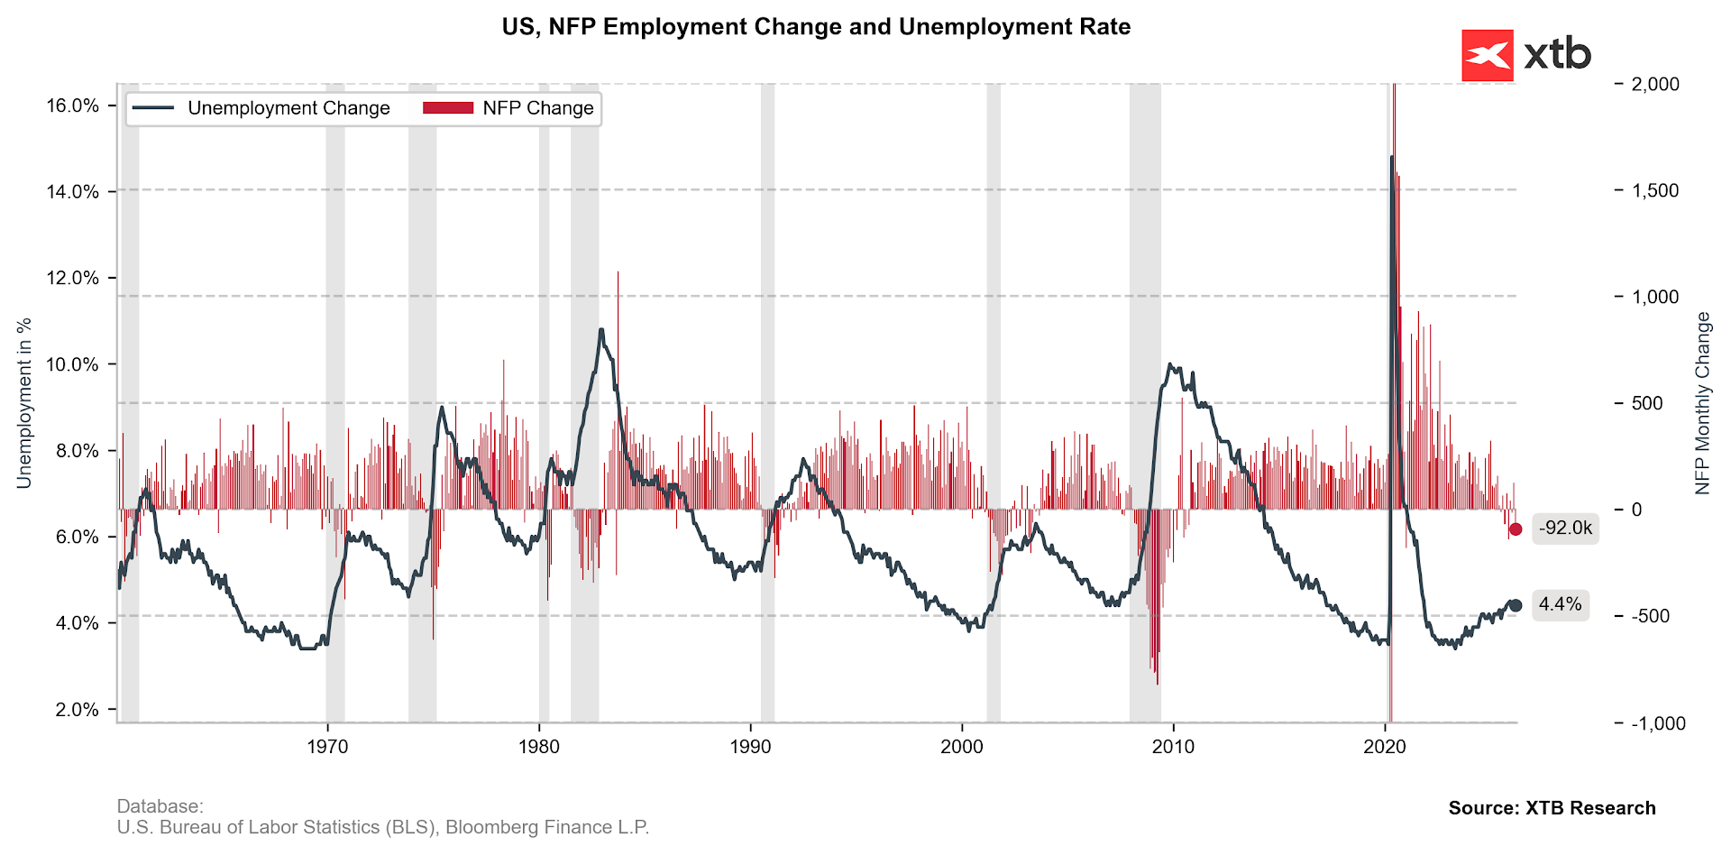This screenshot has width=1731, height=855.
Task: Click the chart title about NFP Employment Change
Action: point(816,27)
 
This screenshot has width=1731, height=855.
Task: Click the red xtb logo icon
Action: point(1487,56)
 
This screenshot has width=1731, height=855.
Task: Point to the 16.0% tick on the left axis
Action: point(72,106)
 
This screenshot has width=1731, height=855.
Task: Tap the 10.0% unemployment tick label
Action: point(72,364)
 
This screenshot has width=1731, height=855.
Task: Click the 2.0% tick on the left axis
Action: point(76,710)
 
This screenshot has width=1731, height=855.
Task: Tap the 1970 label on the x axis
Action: point(327,747)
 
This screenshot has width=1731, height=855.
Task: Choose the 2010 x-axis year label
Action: point(1174,747)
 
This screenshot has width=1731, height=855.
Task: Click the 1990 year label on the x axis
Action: point(751,747)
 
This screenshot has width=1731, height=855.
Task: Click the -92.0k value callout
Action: point(1565,529)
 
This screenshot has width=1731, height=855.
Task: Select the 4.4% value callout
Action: point(1560,604)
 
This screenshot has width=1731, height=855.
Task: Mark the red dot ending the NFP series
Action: point(1516,529)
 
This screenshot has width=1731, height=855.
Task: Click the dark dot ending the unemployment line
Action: point(1516,605)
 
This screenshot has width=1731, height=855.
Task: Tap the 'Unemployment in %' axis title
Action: point(24,403)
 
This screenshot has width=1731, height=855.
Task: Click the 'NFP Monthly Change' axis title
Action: point(1702,403)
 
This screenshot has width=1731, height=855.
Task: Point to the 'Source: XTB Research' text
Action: point(1552,808)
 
